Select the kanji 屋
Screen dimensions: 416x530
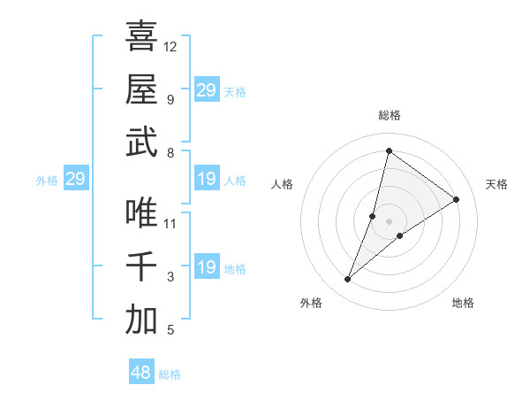click(141, 89)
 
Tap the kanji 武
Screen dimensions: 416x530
click(141, 143)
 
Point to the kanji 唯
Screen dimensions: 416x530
click(141, 212)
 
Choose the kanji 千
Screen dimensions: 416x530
click(141, 266)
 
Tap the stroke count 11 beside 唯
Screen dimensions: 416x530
click(170, 223)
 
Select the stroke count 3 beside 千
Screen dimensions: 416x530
click(170, 277)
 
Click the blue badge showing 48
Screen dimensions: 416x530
click(141, 373)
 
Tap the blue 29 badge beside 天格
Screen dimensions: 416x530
click(206, 90)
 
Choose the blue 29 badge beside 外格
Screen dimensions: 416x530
click(76, 180)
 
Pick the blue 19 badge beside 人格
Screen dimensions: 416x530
click(206, 180)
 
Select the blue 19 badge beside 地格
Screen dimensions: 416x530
click(206, 268)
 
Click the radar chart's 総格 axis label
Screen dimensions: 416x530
click(389, 115)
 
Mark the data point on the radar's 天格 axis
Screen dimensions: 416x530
click(457, 199)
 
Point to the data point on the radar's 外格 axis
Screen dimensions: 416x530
click(348, 280)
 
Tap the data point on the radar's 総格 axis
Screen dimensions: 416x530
click(389, 150)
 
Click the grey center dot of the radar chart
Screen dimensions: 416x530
click(389, 220)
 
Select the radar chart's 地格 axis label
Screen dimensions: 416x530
click(463, 303)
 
